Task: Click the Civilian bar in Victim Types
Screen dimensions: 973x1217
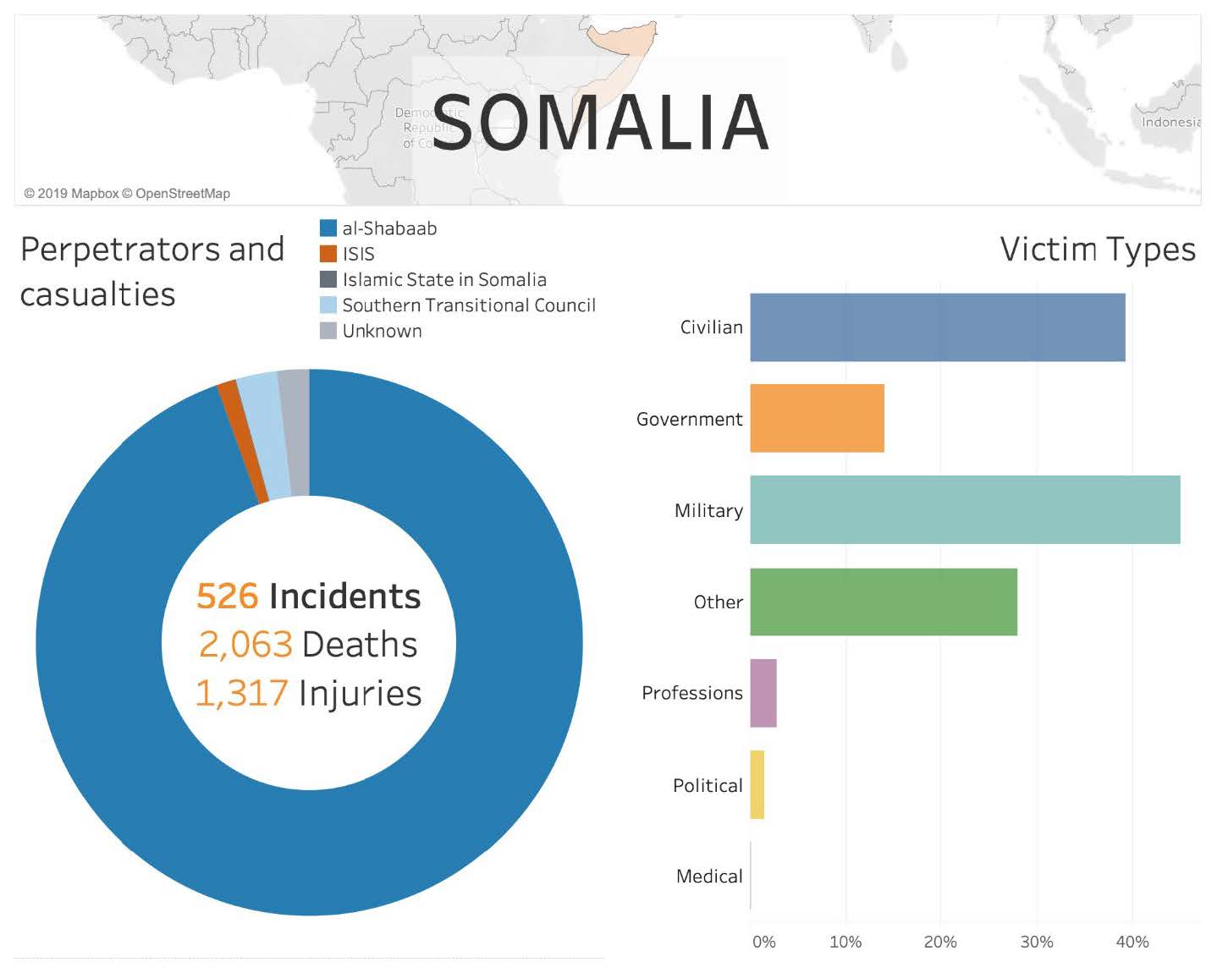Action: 937,327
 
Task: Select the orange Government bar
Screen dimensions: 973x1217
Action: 817,418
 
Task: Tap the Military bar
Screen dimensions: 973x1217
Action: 965,509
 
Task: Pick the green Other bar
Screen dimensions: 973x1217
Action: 883,602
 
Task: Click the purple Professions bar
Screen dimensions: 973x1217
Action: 763,693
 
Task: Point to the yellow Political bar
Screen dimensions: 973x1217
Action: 757,784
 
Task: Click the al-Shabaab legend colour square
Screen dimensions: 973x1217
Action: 328,228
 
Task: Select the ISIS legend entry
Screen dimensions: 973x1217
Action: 358,254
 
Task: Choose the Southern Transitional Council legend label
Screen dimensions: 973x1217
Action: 469,305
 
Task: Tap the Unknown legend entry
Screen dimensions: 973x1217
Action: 382,331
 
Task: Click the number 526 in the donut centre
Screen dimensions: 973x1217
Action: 227,596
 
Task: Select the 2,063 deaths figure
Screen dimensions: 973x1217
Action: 245,644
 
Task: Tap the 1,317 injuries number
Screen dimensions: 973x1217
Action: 242,693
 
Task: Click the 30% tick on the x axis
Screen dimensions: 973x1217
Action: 1036,942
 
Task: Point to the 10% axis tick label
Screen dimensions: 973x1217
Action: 845,942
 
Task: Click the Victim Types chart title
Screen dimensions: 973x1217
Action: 1097,250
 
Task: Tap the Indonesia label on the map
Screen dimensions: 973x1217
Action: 1170,122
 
